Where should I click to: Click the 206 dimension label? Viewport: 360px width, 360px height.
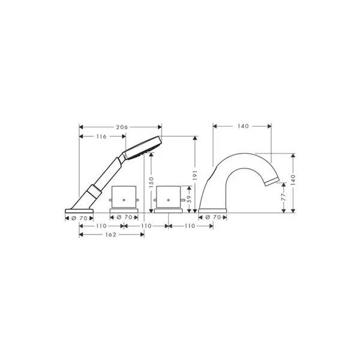pyautogui.click(x=122, y=127)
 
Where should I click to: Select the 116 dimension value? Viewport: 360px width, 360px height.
pyautogui.click(x=101, y=137)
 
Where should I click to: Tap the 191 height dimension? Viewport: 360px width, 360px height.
pyautogui.click(x=195, y=175)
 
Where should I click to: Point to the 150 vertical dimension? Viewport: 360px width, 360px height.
pyautogui.click(x=151, y=182)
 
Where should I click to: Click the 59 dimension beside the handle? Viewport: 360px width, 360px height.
pyautogui.click(x=189, y=199)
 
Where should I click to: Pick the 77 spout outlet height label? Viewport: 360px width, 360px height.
pyautogui.click(x=284, y=197)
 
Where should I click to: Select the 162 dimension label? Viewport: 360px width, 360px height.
pyautogui.click(x=110, y=235)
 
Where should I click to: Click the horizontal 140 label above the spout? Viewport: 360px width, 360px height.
pyautogui.click(x=243, y=126)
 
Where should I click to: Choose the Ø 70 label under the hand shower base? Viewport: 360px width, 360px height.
pyautogui.click(x=79, y=218)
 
